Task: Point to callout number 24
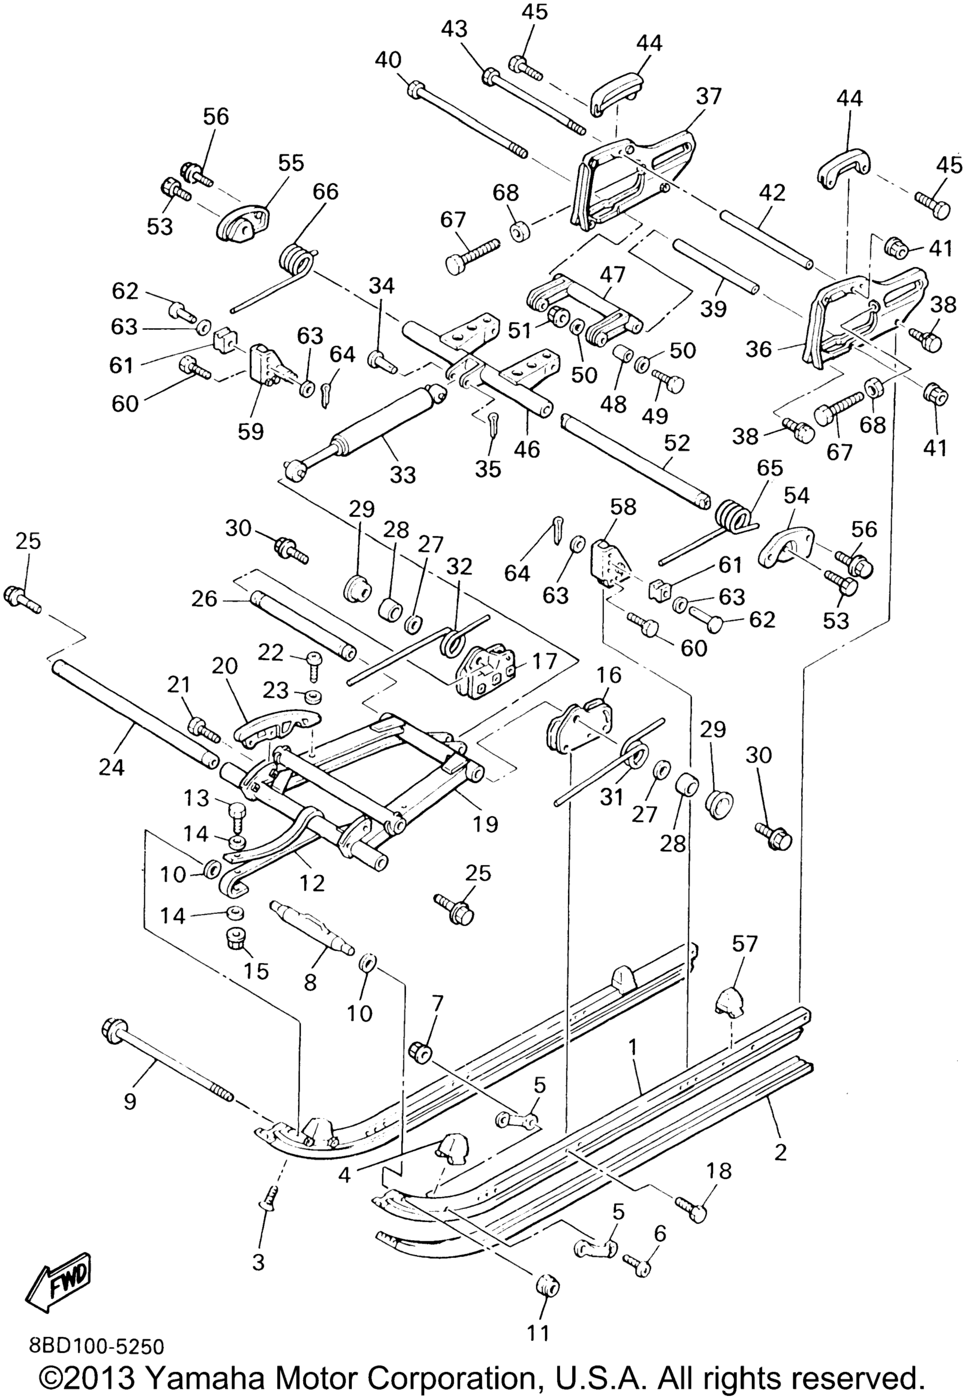[113, 767]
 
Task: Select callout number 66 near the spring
[325, 192]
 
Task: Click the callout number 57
[745, 944]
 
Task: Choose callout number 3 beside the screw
[258, 1263]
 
